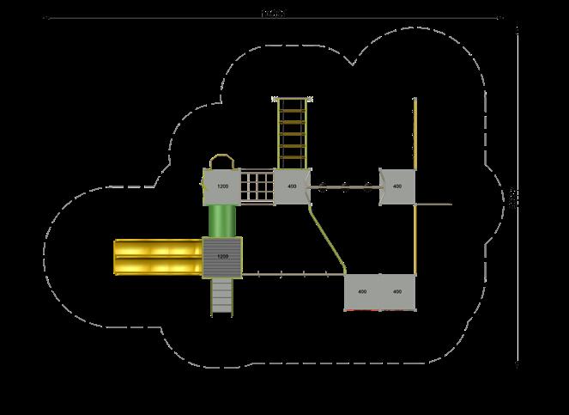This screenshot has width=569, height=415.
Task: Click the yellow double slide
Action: coord(158,258)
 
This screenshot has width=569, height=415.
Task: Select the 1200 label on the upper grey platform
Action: coord(222,186)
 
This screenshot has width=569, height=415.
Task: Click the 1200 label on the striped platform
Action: coord(223,256)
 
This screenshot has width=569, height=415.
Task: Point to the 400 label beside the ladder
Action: coord(292,186)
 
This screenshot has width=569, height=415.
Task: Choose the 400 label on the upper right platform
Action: coord(396,186)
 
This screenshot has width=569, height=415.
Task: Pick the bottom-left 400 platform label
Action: coord(362,292)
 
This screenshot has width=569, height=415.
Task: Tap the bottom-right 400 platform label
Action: coord(396,292)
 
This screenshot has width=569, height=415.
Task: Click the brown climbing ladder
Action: coord(292,133)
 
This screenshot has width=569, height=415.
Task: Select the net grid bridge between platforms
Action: coord(257,186)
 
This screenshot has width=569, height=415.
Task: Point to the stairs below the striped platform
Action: coord(222,296)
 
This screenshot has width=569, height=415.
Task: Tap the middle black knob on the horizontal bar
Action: coord(344,185)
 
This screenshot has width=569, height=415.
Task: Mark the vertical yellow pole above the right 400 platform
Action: coord(415,133)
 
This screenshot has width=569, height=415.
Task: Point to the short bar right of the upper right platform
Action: coord(433,204)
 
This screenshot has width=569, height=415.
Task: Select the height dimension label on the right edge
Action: coord(512,198)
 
